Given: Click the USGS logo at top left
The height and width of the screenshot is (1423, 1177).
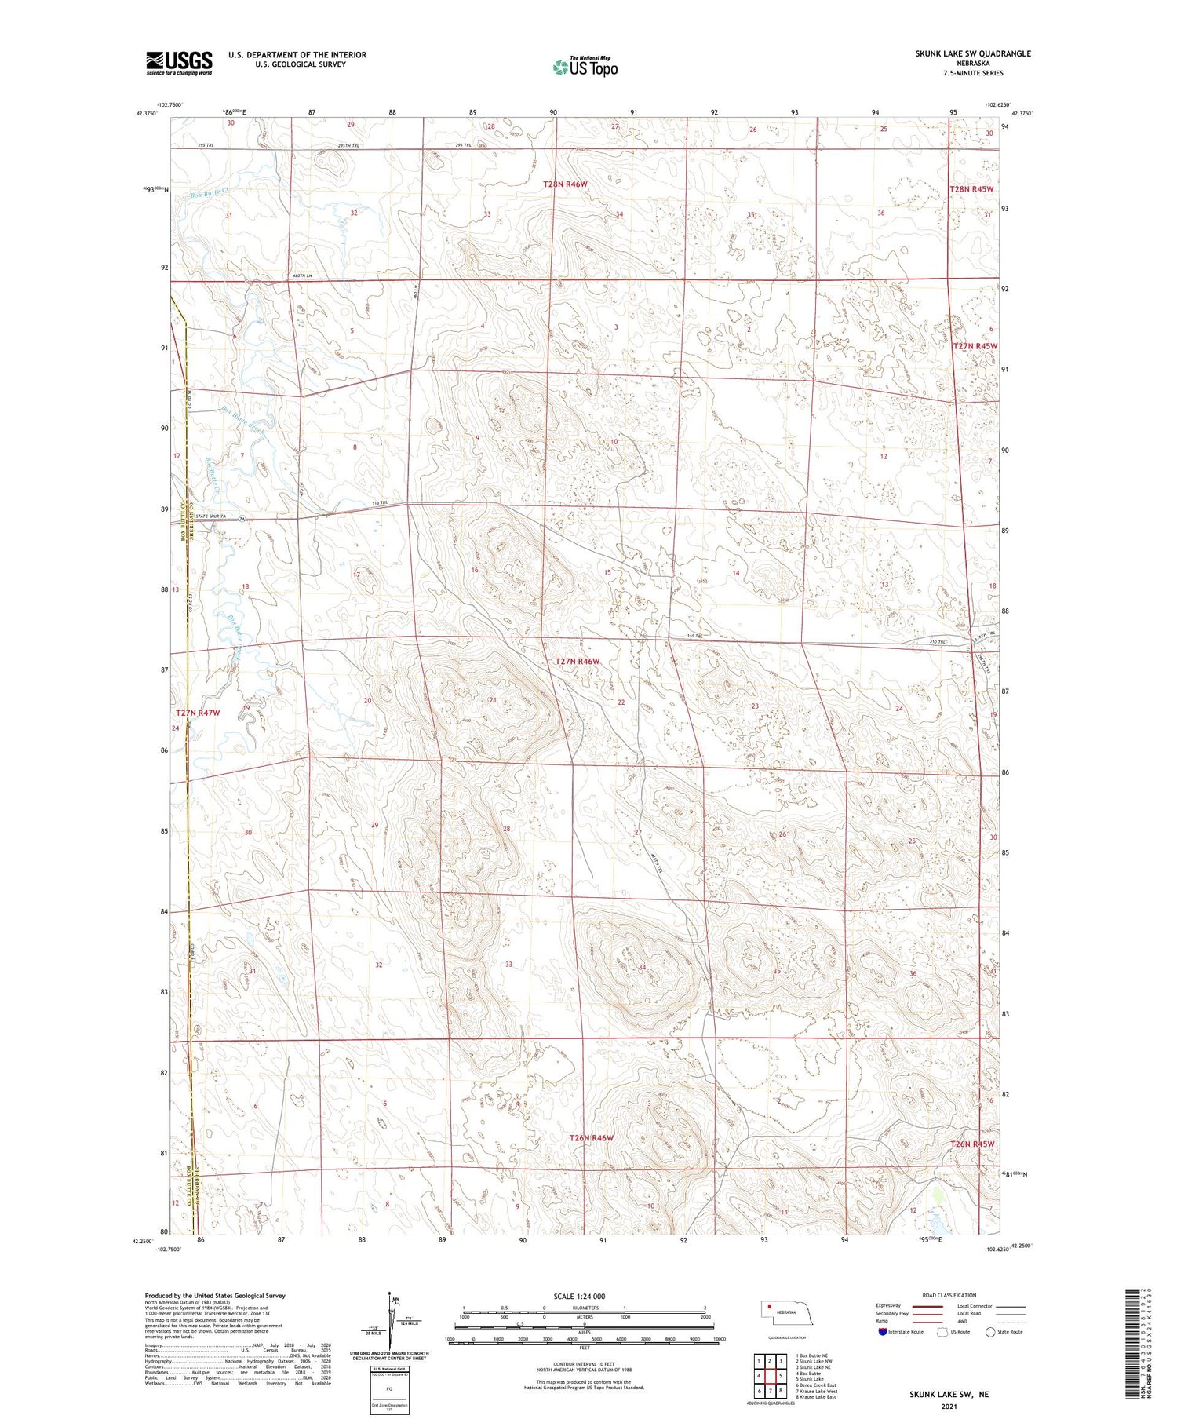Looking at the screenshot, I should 179,63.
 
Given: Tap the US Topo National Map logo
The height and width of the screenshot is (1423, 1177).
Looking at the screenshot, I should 585,67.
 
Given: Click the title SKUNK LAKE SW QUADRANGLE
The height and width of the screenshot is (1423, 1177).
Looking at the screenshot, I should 972,53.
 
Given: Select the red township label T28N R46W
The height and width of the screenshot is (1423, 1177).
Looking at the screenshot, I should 565,184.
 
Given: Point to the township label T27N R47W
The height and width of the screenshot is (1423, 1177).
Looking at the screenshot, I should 198,713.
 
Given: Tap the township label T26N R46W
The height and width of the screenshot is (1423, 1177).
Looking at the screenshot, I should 591,1137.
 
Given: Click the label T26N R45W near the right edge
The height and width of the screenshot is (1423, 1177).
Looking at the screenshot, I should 972,1144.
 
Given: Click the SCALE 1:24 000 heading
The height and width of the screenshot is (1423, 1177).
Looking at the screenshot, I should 579,1296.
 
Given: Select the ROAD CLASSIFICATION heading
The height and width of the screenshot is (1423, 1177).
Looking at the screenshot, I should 949,1295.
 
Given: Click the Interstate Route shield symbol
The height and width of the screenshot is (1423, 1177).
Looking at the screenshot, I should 883,1331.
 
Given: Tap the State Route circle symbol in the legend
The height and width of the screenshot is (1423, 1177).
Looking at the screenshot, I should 990,1331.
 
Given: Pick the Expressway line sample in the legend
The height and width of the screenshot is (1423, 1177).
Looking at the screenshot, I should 931,1306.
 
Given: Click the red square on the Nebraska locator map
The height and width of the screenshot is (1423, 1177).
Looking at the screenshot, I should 770,1307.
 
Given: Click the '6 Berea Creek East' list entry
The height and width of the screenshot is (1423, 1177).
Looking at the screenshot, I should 816,1385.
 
